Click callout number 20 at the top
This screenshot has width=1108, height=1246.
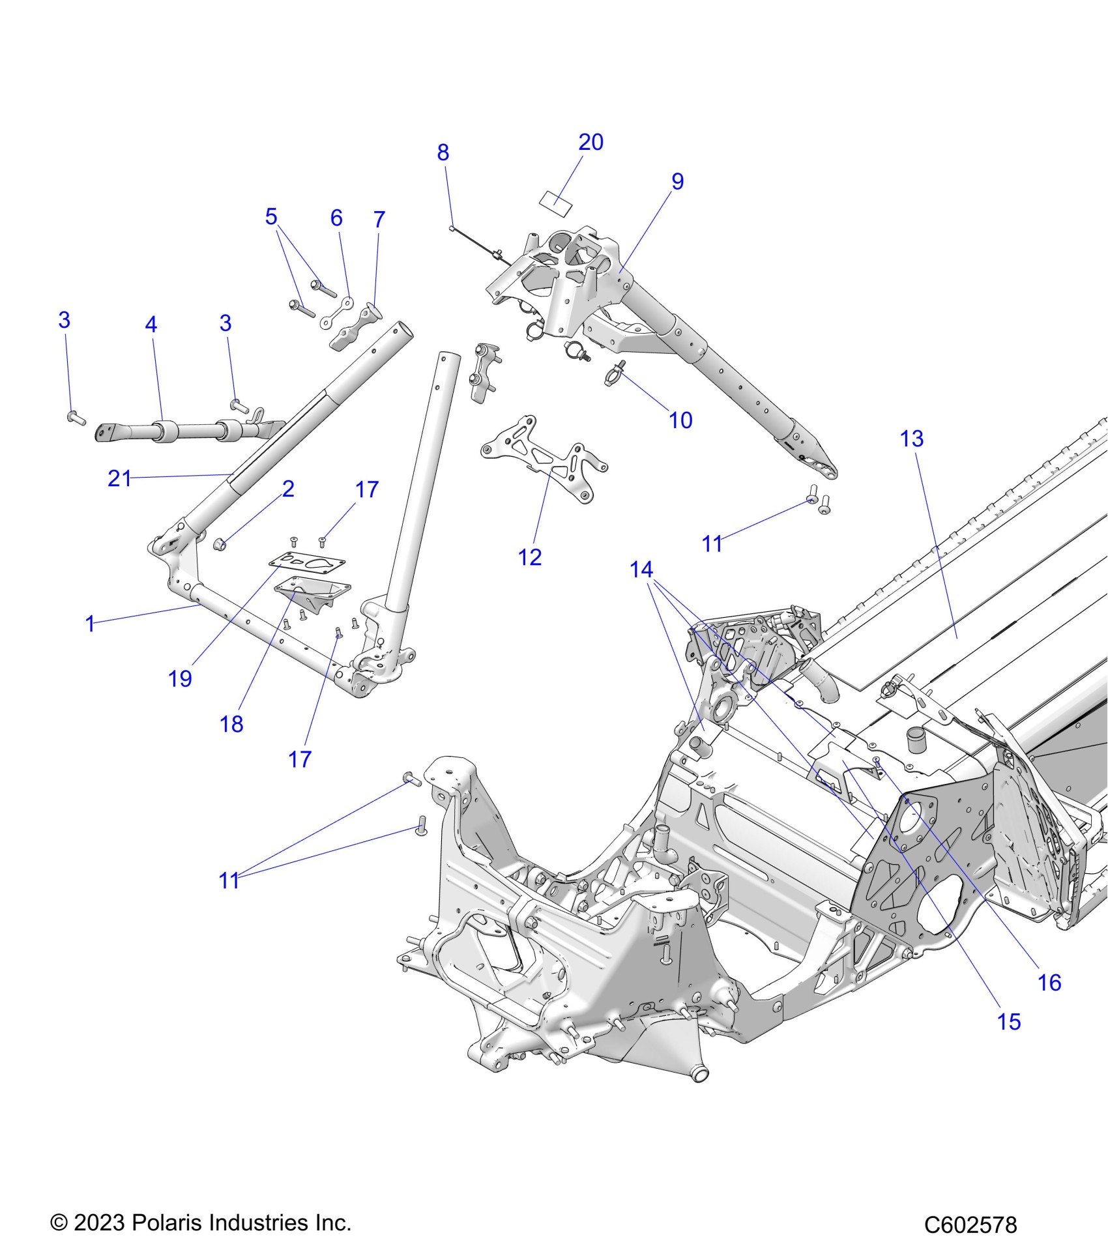[x=590, y=142]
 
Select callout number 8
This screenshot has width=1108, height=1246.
[x=443, y=152]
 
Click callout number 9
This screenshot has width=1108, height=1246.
[x=677, y=181]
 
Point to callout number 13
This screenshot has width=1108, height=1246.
[x=911, y=439]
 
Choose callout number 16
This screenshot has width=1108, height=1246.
[x=1049, y=981]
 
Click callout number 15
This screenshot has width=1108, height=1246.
[x=1008, y=1021]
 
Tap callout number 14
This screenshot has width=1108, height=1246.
[x=641, y=570]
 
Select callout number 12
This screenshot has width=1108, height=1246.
[x=529, y=557]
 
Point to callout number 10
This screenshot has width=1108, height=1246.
[x=680, y=420]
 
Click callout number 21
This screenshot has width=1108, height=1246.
[x=119, y=478]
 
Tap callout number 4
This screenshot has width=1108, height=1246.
[x=151, y=324]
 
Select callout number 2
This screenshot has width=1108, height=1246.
[x=288, y=489]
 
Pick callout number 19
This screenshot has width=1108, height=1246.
[x=180, y=678]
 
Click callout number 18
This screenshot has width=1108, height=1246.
[x=231, y=723]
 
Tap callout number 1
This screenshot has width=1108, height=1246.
[x=90, y=624]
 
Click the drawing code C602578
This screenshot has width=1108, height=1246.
[x=970, y=1225]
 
